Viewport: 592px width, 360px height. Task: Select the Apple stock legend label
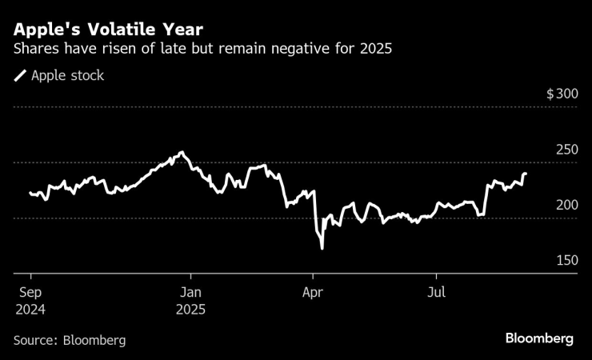coord(67,76)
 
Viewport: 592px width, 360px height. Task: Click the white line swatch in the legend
coord(20,76)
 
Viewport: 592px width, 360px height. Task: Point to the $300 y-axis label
coord(562,94)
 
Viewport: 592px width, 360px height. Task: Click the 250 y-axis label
coord(566,150)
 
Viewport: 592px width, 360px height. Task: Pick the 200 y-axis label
coord(566,205)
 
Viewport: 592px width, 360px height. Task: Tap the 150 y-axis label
coord(566,261)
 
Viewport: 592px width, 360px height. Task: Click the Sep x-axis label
coord(29,292)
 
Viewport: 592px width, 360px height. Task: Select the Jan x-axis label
coord(190,292)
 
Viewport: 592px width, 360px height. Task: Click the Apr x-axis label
coord(313,292)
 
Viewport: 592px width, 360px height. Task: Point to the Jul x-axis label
coord(437,292)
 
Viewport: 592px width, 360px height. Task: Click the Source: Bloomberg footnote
coord(70,340)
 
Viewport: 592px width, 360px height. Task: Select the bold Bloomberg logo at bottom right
coord(538,339)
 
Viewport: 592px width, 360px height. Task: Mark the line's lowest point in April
coord(322,249)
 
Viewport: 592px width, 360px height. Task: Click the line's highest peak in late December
coord(182,152)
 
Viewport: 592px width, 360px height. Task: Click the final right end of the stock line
coord(526,174)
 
